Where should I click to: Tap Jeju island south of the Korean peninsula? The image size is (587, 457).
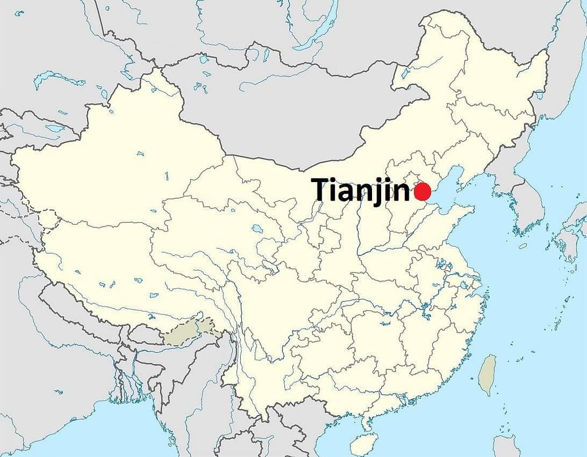click(x=522, y=246)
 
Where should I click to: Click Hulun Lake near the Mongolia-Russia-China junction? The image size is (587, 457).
click(x=405, y=73)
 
